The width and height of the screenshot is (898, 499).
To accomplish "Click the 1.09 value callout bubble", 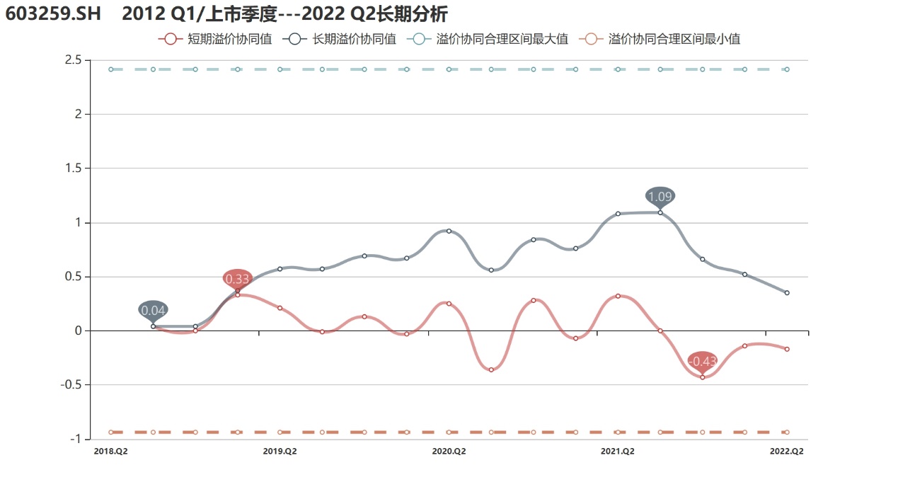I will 660,196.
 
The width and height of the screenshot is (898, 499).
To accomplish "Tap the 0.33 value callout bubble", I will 237,279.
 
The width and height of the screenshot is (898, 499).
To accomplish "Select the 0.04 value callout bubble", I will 153,310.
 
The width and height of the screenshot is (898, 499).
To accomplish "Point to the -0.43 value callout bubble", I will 702,361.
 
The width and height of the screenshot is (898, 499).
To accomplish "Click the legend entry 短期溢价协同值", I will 216,40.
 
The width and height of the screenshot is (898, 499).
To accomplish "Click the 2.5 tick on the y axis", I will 73,60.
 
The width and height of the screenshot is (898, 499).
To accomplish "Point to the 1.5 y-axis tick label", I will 73,168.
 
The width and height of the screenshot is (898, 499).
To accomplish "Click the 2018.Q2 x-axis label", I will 110,451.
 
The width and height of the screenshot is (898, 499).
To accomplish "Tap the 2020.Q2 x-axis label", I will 449,451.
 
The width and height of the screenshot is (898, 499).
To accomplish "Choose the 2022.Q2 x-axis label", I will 787,451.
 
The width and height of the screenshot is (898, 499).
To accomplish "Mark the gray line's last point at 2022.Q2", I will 787,293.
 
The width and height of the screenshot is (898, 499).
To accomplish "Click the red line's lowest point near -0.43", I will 702,377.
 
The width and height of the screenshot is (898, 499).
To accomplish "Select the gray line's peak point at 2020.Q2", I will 449,231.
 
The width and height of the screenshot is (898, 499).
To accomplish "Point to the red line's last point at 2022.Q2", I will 787,349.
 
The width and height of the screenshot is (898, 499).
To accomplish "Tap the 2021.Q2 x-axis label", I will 618,451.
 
